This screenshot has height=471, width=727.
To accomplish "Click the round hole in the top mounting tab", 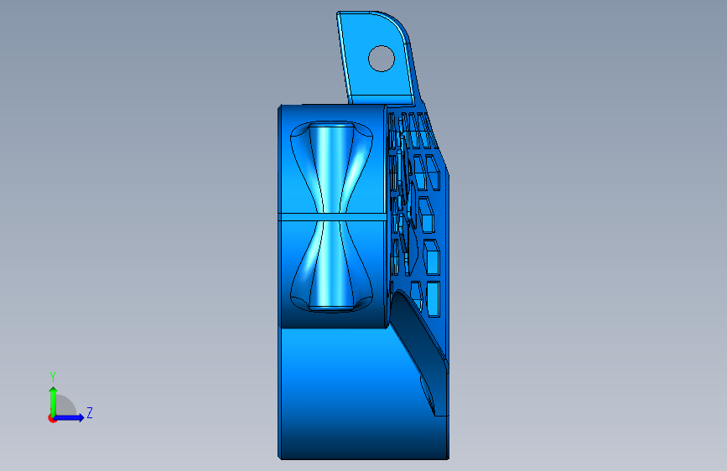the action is click(382, 59).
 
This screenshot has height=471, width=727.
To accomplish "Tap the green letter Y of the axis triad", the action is click(53, 376).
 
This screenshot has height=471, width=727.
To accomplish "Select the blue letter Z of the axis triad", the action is click(90, 412).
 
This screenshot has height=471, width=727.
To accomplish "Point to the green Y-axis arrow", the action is click(54, 401).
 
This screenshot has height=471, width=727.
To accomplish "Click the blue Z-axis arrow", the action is click(69, 417).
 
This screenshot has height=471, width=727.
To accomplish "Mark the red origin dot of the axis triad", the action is click(52, 418).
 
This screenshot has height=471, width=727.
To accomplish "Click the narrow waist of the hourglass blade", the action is click(331, 217).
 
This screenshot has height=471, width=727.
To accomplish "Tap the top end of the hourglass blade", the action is click(331, 125).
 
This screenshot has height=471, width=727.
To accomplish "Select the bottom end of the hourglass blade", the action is click(331, 308).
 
